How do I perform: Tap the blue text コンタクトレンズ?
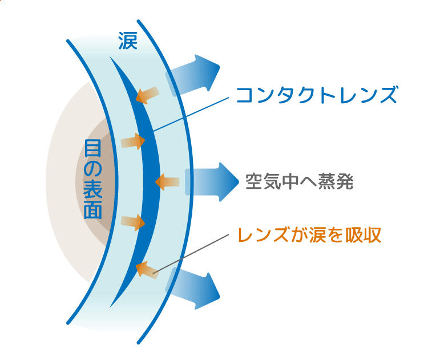click(x=316, y=94)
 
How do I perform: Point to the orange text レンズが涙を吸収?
click(x=309, y=234)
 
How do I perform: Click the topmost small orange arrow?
click(x=148, y=95)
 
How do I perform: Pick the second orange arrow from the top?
click(x=134, y=140)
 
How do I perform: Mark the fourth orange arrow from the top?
click(x=134, y=222)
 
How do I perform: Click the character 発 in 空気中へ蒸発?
click(x=345, y=181)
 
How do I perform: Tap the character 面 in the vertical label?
click(x=92, y=212)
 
